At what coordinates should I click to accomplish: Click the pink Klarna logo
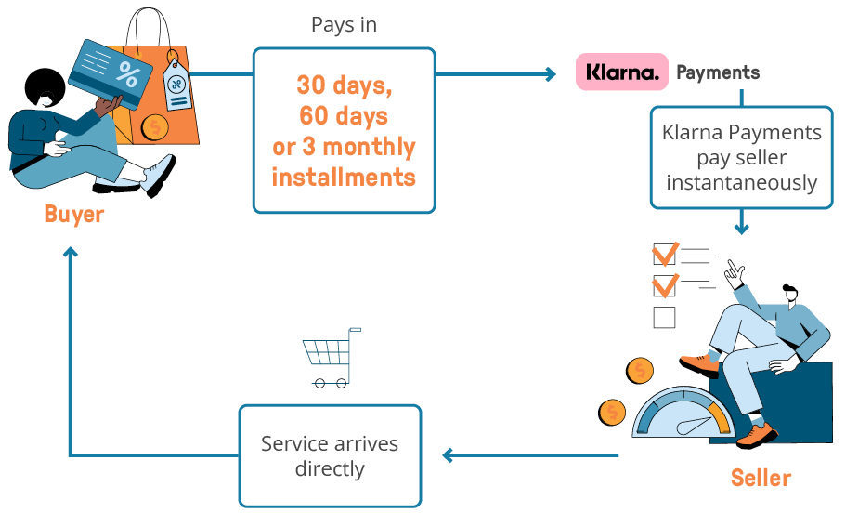(622, 72)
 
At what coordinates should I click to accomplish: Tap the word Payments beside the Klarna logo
(718, 72)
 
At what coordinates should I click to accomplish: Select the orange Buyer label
(74, 215)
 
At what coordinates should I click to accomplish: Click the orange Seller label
(761, 478)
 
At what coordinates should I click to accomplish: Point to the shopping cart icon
(332, 358)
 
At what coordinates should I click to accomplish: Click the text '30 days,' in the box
(345, 85)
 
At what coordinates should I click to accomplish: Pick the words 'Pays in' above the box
(344, 25)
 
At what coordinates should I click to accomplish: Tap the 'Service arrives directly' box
(330, 455)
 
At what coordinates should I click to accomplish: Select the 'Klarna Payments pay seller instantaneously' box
(741, 157)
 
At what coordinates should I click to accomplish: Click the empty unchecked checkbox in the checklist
(664, 318)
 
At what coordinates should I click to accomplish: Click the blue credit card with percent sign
(111, 73)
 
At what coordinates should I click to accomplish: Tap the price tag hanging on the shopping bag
(176, 85)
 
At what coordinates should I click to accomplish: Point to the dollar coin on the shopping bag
(155, 128)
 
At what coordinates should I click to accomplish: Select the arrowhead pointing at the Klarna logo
(551, 74)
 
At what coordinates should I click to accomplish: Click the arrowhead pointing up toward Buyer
(71, 252)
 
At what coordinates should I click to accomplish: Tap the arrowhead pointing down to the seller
(742, 229)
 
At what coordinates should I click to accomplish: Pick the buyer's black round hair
(45, 87)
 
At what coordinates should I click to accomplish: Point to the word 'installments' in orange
(344, 178)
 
